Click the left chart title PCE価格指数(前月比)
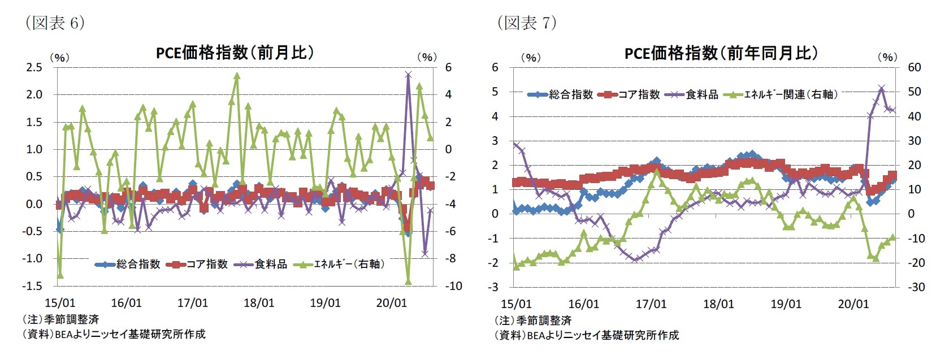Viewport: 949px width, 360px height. point(235,53)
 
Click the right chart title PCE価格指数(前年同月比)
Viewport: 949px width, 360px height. point(721,53)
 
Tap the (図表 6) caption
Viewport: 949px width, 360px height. point(55,23)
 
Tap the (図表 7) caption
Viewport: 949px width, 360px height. point(527,23)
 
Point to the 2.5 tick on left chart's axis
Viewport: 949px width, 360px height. point(34,67)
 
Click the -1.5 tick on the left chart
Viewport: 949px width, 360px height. point(33,286)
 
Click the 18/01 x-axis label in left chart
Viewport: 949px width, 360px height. point(259,303)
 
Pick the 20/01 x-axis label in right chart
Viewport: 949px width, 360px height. point(853,305)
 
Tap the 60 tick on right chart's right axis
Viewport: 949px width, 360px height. point(914,67)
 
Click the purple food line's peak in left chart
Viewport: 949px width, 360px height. point(408,74)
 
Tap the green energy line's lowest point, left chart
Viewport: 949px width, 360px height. point(408,281)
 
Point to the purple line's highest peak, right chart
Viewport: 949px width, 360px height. point(882,88)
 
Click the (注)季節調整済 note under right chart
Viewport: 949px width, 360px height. point(533,320)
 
